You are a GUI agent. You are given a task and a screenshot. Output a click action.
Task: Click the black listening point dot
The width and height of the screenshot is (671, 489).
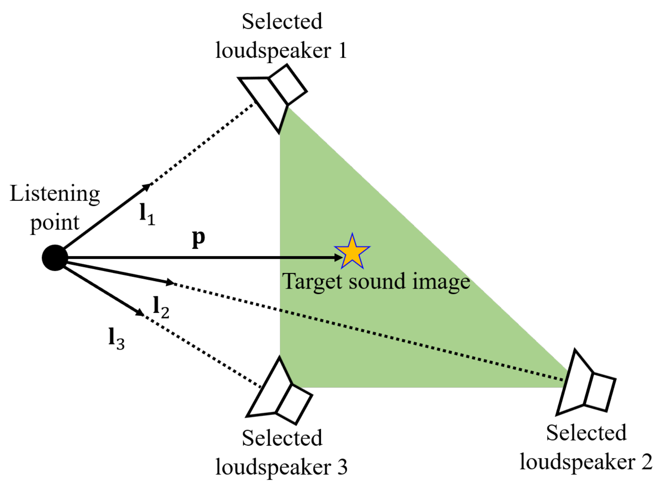55,258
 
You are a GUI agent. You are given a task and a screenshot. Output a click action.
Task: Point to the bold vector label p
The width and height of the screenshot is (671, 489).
199,238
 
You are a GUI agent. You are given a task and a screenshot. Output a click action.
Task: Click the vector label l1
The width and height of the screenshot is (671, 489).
147,215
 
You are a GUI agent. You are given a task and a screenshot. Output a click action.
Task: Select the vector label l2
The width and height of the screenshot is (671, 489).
161,307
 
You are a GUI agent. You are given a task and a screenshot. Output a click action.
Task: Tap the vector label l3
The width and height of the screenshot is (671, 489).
116,339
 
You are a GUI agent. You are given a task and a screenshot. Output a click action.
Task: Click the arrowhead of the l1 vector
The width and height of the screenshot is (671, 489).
146,187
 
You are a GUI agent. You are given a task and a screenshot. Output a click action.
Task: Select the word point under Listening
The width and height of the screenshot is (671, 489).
55,224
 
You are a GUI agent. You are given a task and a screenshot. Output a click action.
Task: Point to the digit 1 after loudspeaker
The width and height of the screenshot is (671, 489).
343,51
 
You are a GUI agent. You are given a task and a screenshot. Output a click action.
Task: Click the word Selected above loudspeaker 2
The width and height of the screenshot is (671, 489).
586,433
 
